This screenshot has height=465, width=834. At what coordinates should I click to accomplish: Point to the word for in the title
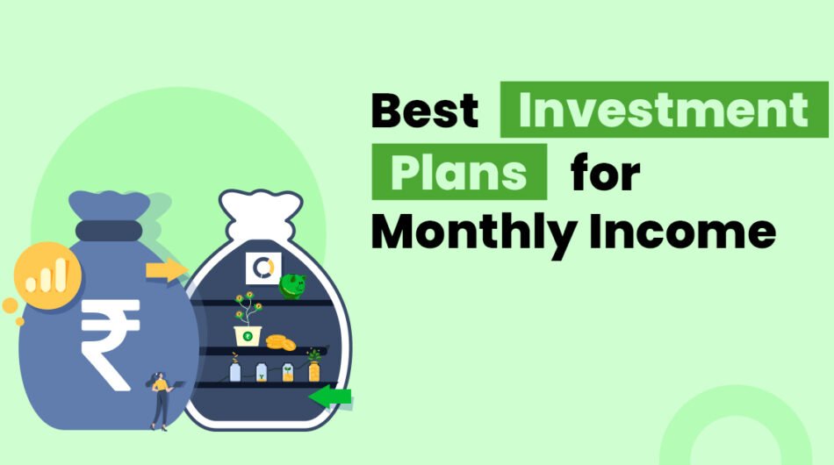click(605, 172)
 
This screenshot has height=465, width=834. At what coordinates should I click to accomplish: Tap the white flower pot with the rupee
click(248, 333)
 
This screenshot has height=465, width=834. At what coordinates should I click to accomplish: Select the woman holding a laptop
click(161, 397)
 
